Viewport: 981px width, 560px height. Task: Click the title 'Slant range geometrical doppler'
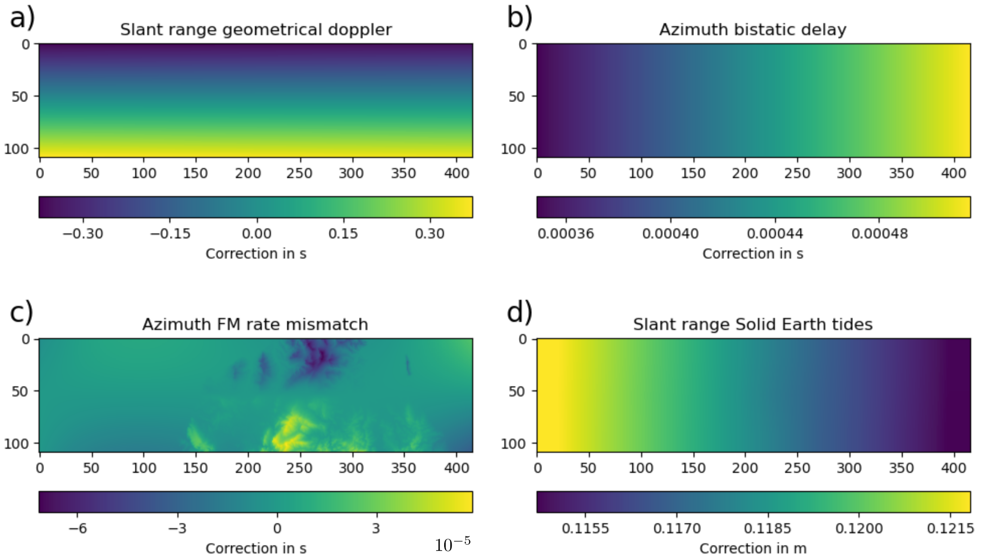[256, 30]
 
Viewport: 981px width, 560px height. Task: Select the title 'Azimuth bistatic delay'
[752, 30]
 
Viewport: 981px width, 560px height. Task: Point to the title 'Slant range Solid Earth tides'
[752, 324]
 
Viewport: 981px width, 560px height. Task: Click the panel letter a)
[22, 18]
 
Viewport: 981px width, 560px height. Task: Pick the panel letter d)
[519, 312]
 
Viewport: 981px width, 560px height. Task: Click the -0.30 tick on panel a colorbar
[83, 234]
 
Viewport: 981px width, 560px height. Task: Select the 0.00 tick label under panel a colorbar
[257, 234]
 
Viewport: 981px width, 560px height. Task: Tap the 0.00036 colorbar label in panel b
[566, 234]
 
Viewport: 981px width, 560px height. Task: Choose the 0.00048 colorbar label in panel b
[879, 234]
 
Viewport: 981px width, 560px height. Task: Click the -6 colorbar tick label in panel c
[78, 528]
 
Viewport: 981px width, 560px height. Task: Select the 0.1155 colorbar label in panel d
[585, 528]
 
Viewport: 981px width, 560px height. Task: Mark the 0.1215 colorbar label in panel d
[950, 528]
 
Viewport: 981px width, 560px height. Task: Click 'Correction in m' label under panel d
[752, 548]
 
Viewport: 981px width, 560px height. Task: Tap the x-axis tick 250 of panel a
[299, 173]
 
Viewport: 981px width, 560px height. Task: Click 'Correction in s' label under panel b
[752, 254]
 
